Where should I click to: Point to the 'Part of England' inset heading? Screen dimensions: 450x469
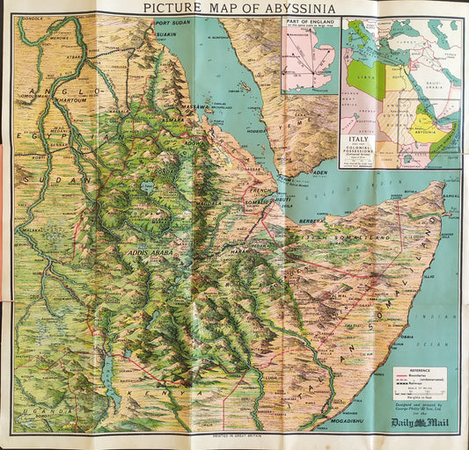310,22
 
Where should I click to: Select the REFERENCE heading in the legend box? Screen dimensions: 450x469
425,371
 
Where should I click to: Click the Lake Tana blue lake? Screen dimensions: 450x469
147,188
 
